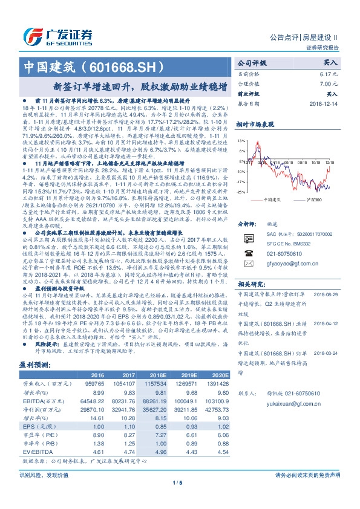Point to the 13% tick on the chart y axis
click(241, 140)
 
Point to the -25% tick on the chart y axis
click(241, 192)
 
